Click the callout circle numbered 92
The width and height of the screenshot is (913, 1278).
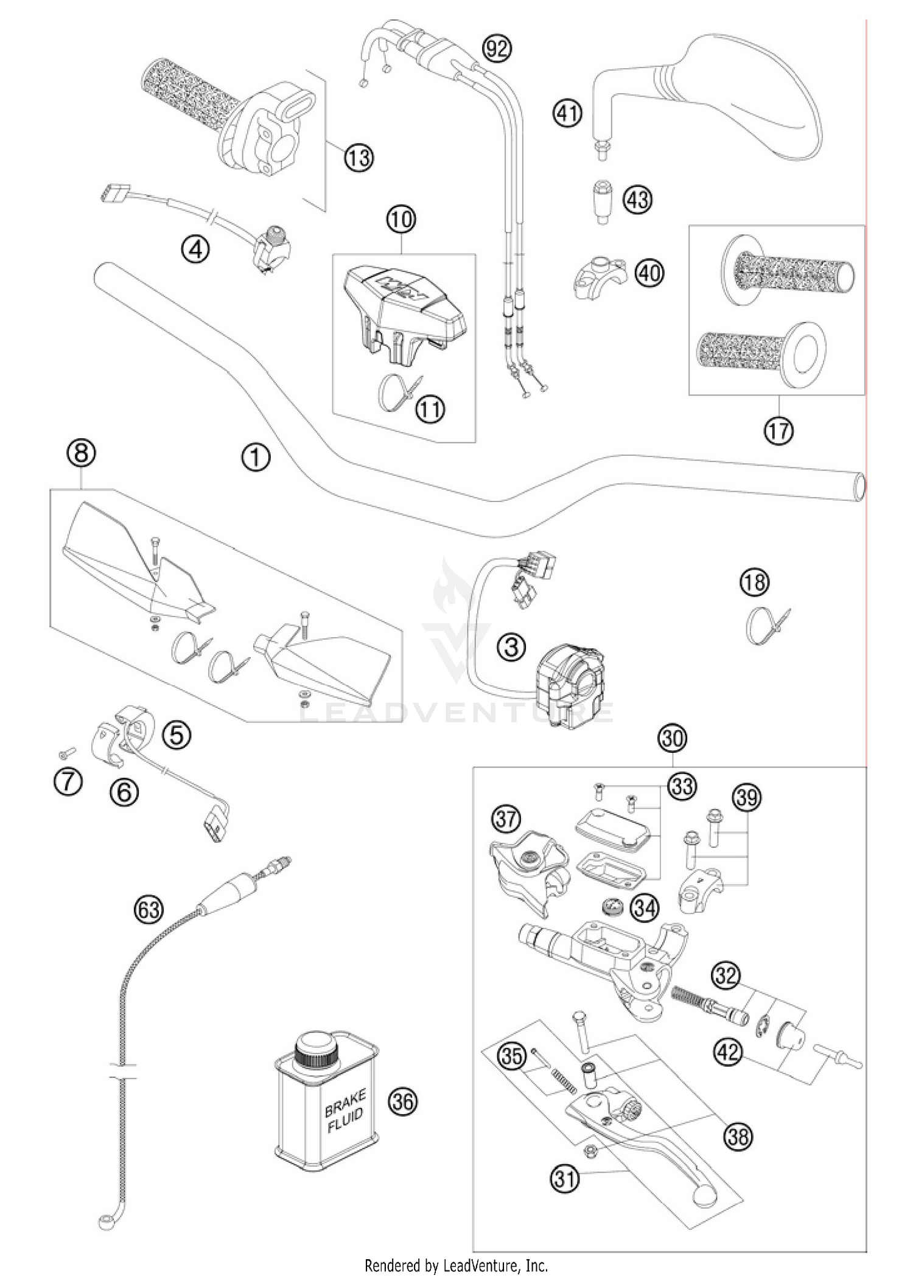pyautogui.click(x=497, y=47)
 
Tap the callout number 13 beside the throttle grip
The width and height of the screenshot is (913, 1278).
pyautogui.click(x=359, y=158)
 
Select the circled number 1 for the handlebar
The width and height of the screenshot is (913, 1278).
pyautogui.click(x=256, y=457)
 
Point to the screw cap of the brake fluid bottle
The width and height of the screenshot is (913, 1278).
pyautogui.click(x=316, y=1049)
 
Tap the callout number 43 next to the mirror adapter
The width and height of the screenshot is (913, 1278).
pyautogui.click(x=637, y=200)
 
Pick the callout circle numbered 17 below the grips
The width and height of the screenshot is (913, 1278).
pyautogui.click(x=778, y=430)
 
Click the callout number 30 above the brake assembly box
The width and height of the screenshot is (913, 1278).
pyautogui.click(x=673, y=738)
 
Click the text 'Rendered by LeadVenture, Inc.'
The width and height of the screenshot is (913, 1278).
pyautogui.click(x=456, y=1266)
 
